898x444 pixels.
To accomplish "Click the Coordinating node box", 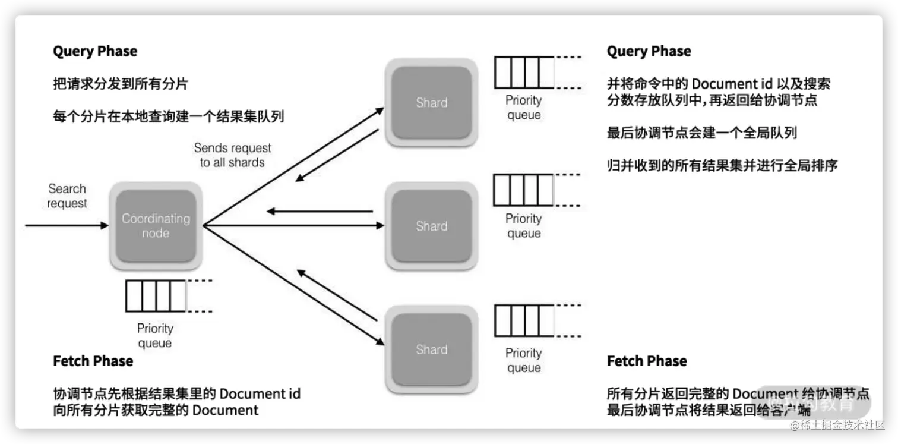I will click(155, 226).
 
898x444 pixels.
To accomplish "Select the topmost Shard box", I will click(431, 102).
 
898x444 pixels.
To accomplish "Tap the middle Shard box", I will click(431, 226).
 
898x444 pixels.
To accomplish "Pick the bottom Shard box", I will click(431, 349).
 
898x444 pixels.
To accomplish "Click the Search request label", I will click(67, 196).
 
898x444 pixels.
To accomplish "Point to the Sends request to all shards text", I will click(232, 155).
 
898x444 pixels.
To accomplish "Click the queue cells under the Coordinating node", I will click(156, 296).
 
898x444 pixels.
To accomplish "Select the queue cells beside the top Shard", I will click(523, 72).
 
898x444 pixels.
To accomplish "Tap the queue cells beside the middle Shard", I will click(523, 190).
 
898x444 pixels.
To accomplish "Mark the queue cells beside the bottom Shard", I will click(523, 321).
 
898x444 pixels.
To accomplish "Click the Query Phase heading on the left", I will click(95, 52).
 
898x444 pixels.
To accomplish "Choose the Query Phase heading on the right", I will click(649, 52).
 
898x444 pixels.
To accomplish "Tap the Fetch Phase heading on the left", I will click(93, 361).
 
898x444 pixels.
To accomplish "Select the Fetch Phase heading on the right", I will click(647, 361).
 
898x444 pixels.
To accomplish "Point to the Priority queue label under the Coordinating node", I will click(155, 336).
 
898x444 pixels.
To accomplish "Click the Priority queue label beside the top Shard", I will click(523, 108).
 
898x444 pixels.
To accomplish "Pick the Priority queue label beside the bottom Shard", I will click(523, 360).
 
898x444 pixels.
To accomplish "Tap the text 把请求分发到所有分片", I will click(121, 84).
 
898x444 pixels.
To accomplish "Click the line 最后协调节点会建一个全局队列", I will click(701, 133).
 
